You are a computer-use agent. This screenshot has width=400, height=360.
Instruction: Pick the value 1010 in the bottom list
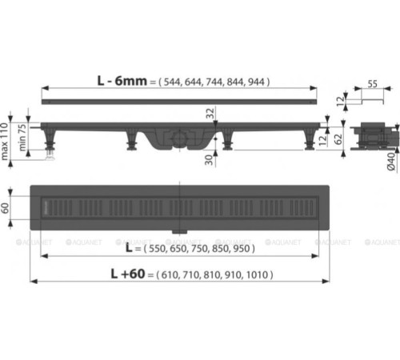point(258,274)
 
